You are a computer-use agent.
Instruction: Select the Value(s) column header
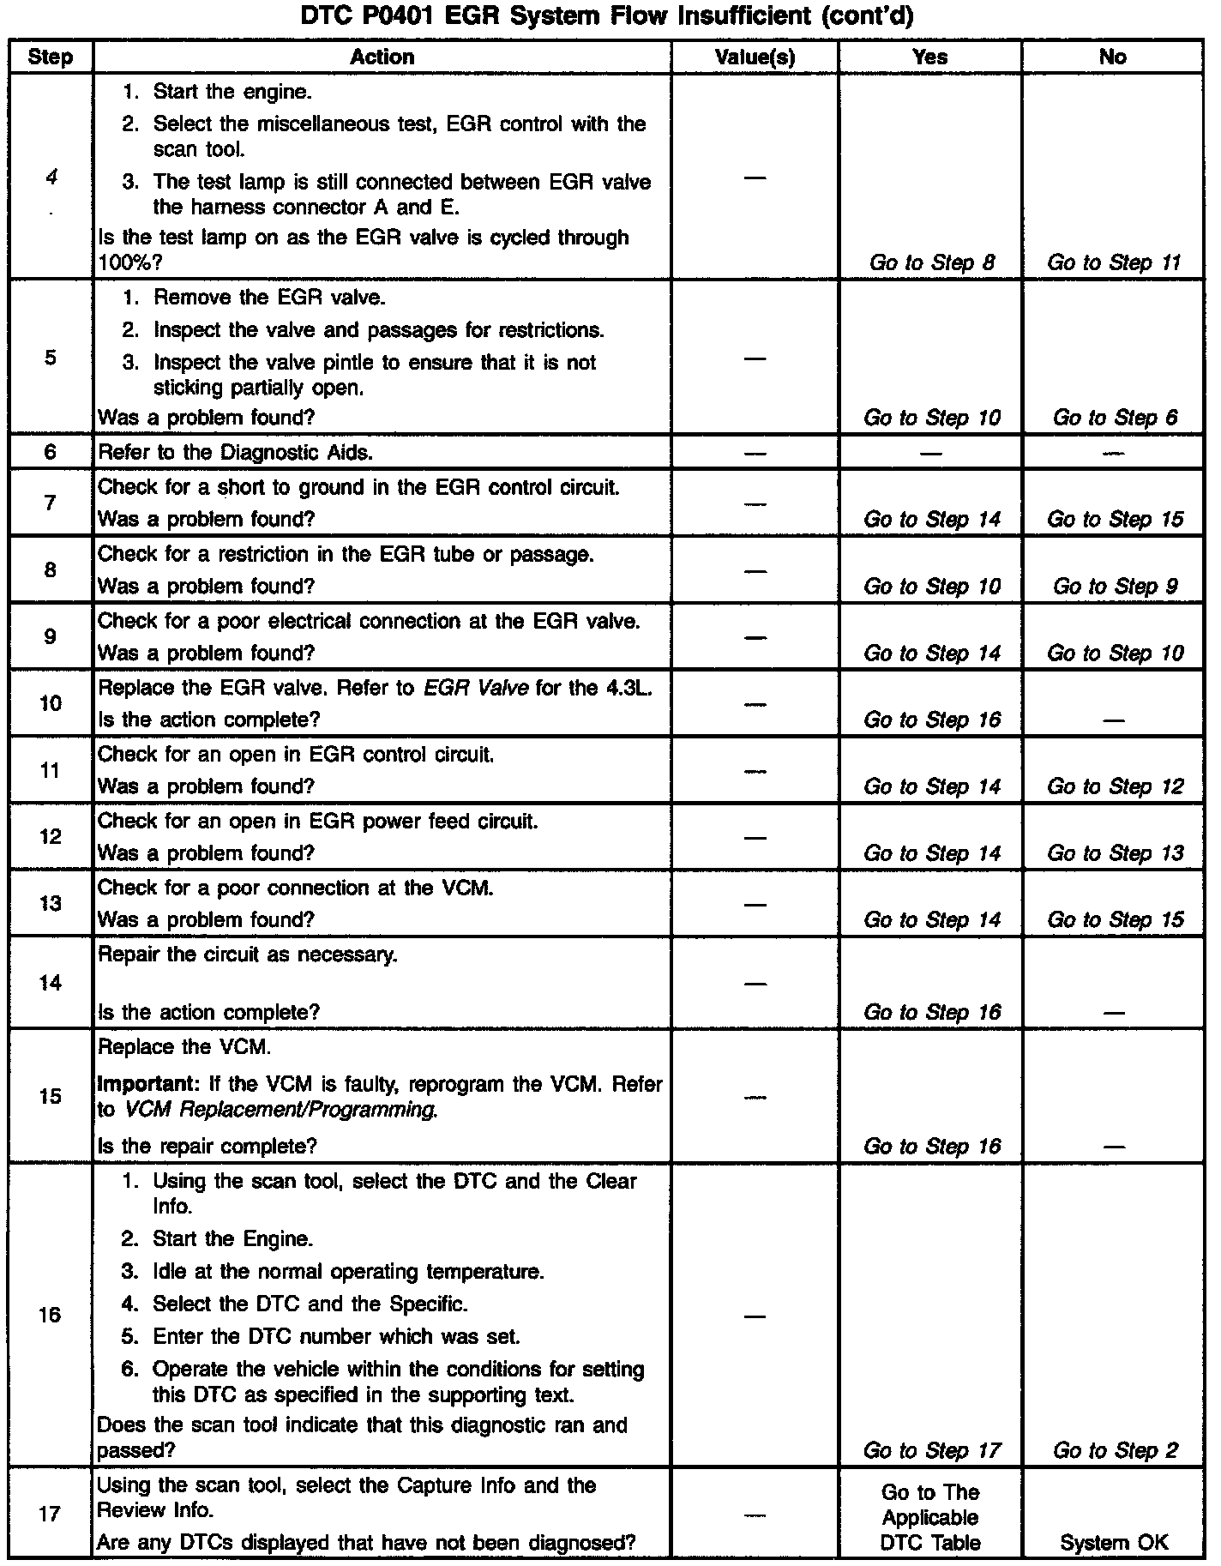pos(755,57)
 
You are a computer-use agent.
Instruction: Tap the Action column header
pos(382,57)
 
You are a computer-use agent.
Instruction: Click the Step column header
pos(50,57)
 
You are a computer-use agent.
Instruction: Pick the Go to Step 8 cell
pos(931,263)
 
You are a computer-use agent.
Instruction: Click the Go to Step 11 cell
pos(1114,263)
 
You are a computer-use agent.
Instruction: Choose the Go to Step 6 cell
pos(1115,418)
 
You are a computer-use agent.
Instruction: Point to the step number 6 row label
pos(50,452)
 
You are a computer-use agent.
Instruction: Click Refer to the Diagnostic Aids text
pos(235,452)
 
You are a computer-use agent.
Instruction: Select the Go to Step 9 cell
pos(1115,587)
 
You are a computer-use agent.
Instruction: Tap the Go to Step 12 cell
pos(1115,786)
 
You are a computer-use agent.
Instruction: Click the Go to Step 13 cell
pos(1115,853)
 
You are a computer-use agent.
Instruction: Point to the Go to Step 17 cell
pos(931,1450)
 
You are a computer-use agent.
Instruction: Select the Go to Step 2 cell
pos(1115,1450)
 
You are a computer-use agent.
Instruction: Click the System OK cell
pos(1114,1542)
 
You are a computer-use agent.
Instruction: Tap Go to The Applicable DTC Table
pos(930,1517)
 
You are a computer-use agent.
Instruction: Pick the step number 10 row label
pos(50,703)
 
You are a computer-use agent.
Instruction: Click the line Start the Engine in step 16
pos(232,1239)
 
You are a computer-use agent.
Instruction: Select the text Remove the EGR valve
pos(268,298)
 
